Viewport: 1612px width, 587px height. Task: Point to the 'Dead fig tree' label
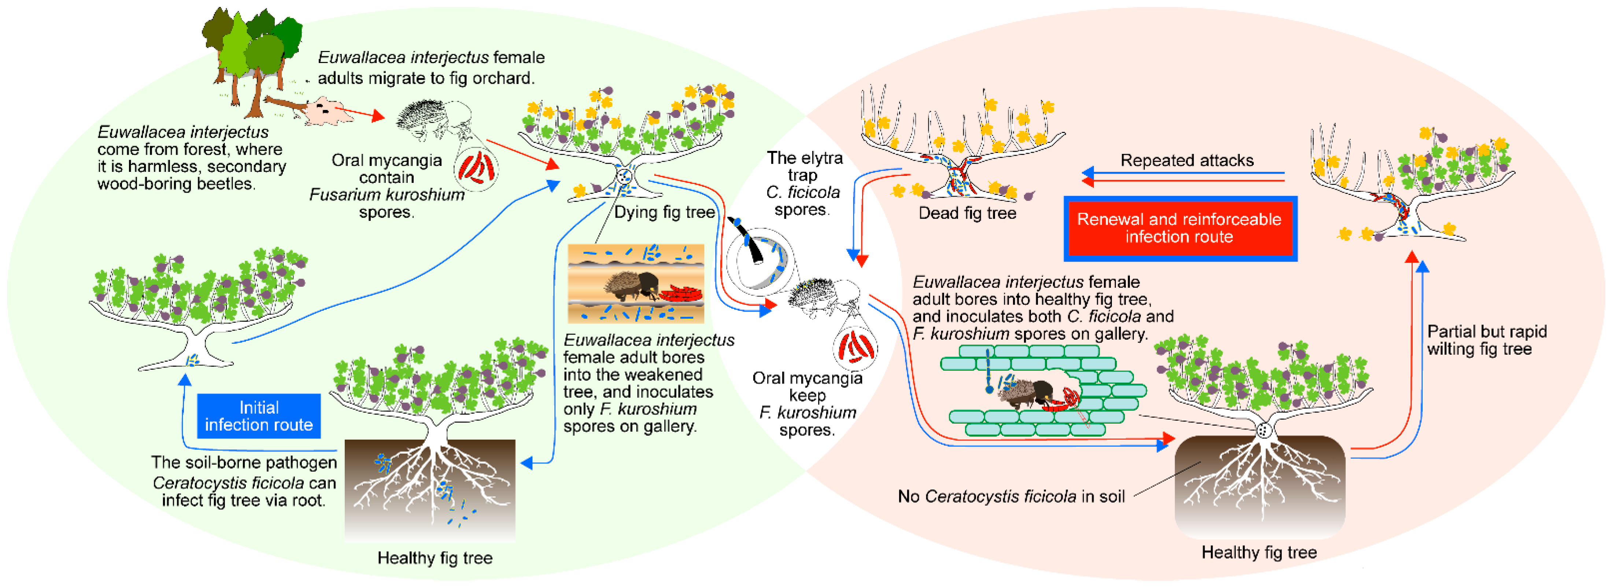tap(967, 213)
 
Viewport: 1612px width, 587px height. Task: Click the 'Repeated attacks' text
tap(1187, 160)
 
